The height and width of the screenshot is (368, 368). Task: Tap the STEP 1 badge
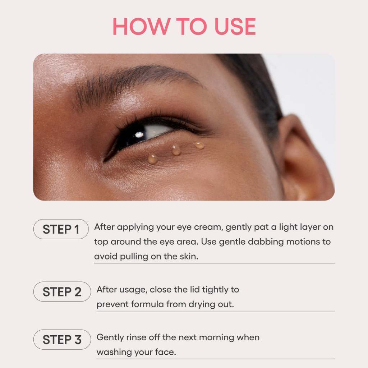[61, 229]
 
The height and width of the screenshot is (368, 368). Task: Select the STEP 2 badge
[62, 292]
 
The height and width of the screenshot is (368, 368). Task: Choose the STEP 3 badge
[62, 340]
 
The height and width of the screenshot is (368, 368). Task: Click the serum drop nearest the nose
[152, 158]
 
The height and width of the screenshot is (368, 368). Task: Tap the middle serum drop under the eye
[176, 150]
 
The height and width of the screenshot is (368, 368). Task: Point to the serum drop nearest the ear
[199, 145]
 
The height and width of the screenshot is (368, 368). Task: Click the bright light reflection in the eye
[139, 135]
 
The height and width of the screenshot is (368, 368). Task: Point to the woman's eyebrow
[137, 79]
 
